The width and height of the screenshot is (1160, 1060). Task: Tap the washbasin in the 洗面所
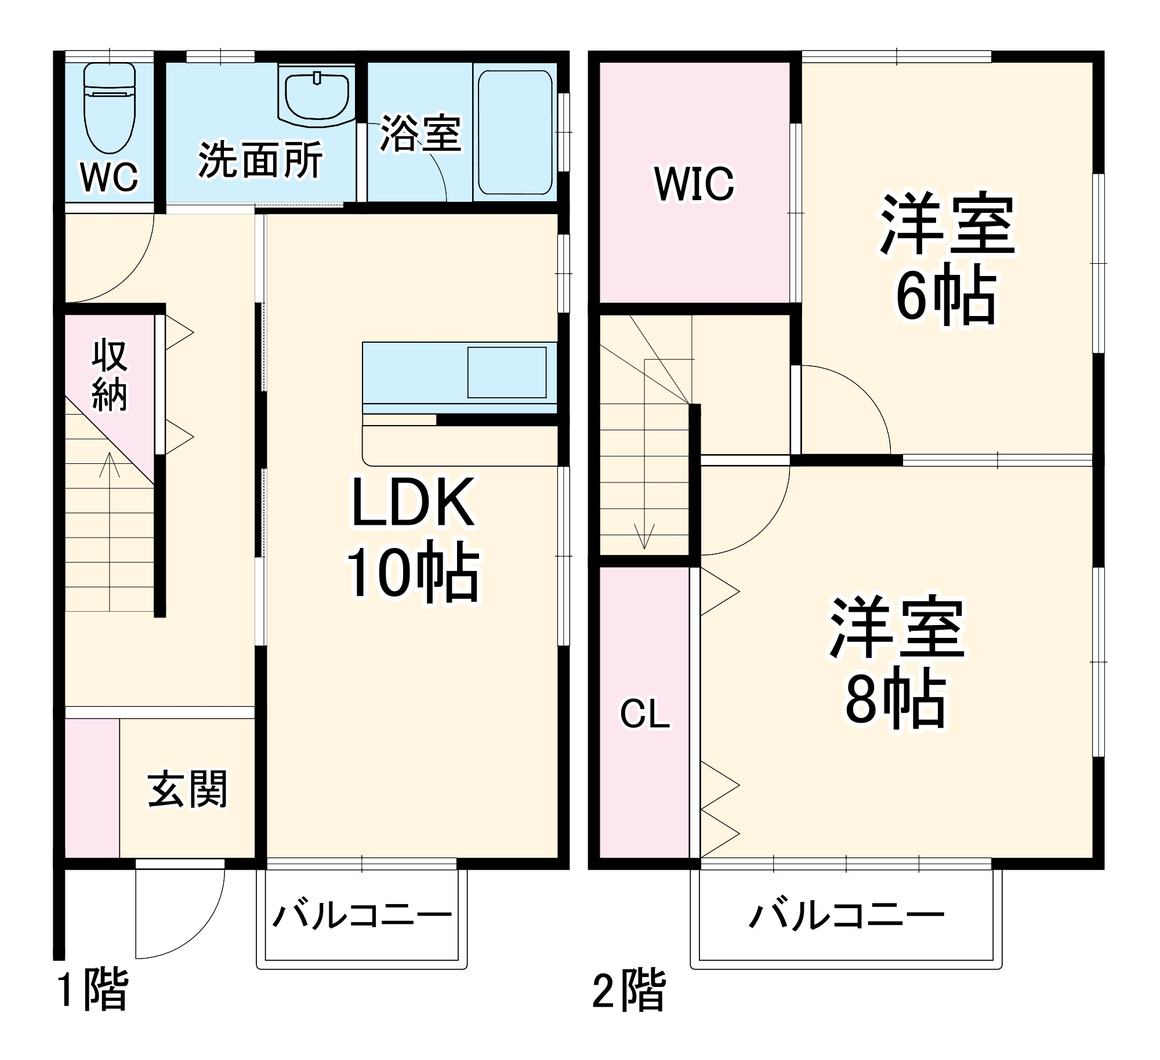pos(317,96)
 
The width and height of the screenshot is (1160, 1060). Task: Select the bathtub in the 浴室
pos(514,132)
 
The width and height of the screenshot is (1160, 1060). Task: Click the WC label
pos(110,177)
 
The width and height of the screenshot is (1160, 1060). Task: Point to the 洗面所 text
pos(260,161)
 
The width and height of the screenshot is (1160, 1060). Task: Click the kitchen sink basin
pos(507,372)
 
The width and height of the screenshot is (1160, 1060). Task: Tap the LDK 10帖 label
pos(413,536)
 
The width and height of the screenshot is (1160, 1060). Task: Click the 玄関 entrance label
pos(187,789)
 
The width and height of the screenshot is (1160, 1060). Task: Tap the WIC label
pos(694,184)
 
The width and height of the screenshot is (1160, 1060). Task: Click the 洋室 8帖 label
pos(897,661)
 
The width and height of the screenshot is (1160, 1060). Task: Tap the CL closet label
pos(645,714)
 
